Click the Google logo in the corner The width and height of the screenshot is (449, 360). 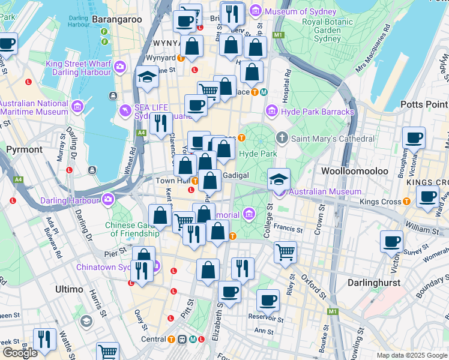(x=20, y=352)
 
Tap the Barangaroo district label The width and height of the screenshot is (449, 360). (x=117, y=20)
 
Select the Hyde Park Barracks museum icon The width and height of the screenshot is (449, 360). (x=272, y=112)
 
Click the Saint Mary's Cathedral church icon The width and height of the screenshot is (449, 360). (x=282, y=139)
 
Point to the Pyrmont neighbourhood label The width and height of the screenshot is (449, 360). (x=24, y=149)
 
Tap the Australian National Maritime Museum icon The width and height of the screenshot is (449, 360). (x=77, y=107)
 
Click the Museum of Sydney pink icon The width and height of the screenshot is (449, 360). (x=256, y=11)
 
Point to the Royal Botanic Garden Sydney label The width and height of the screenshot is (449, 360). (x=329, y=30)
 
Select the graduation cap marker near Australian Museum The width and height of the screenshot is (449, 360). (x=279, y=179)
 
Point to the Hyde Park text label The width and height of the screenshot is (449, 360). (x=258, y=154)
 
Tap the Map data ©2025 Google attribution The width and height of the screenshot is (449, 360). (x=411, y=355)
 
